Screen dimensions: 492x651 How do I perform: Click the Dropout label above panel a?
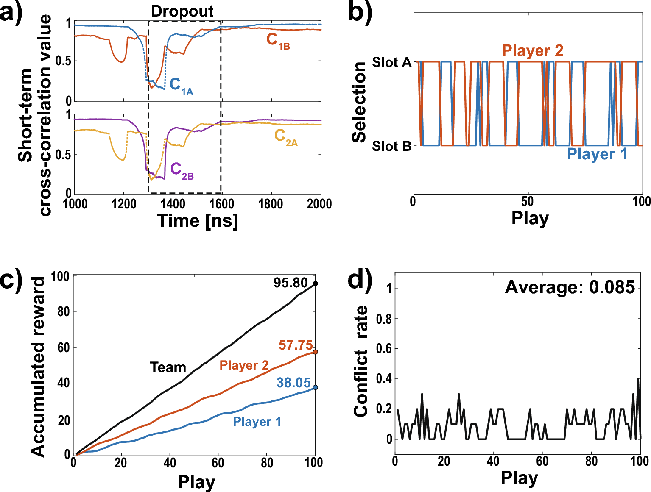coord(182,11)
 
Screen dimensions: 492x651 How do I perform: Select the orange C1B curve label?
coord(278,41)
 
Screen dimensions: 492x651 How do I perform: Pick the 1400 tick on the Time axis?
coord(173,204)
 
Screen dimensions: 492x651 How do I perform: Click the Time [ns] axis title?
coord(197,221)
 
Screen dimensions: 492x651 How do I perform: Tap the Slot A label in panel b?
coord(391,63)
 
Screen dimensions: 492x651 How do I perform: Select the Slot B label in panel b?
coord(391,147)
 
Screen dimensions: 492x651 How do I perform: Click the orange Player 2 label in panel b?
coord(533,50)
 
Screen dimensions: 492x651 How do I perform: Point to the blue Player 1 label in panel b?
coord(597,154)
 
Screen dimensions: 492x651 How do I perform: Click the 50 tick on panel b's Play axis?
coord(527,201)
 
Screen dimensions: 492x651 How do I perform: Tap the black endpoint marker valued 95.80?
coord(315,284)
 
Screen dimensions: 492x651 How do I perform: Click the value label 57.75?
coord(296,345)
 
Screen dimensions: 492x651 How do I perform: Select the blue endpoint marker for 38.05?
coord(315,387)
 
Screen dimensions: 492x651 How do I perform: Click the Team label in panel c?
coord(168,367)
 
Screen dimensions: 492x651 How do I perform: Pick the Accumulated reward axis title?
coord(38,367)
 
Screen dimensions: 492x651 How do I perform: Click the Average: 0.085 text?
coord(570,287)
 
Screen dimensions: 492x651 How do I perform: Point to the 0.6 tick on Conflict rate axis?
coord(384,349)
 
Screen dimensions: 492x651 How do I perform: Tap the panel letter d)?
coord(360,281)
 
